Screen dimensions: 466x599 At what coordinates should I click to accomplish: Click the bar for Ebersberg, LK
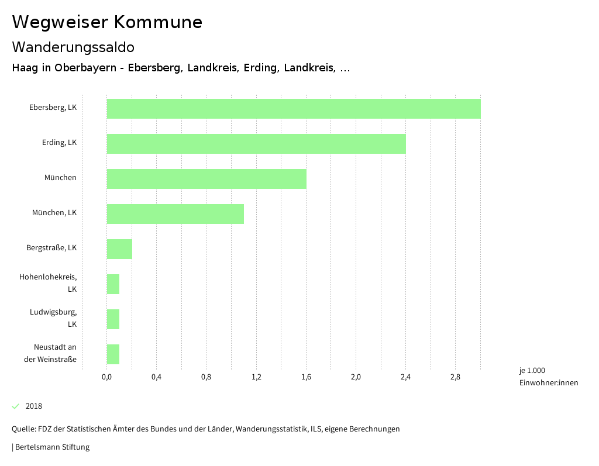pos(293,109)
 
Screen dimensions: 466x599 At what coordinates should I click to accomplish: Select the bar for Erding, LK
pos(256,144)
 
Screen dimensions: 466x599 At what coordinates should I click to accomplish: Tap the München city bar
pos(206,179)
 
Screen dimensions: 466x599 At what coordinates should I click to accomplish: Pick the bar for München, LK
pos(175,214)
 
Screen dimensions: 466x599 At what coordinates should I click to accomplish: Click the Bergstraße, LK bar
pos(119,249)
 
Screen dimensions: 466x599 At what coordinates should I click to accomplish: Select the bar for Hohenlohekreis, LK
pos(113,284)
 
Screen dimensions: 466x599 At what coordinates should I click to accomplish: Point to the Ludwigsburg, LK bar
pos(113,319)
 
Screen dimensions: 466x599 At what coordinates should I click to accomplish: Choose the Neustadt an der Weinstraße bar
pos(113,354)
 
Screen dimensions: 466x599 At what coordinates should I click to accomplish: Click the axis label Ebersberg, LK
pos(53,108)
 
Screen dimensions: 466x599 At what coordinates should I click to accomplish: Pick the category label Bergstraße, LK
pos(51,248)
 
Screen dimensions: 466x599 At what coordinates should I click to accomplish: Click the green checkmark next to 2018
pos(16,406)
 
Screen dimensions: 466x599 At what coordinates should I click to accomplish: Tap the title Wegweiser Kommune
pos(107,22)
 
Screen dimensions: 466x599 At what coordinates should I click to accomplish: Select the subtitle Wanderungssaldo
pos(73,47)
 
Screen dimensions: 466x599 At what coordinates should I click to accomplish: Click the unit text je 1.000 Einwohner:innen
pos(548,377)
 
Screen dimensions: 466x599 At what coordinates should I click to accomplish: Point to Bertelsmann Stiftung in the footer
pos(52,447)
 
